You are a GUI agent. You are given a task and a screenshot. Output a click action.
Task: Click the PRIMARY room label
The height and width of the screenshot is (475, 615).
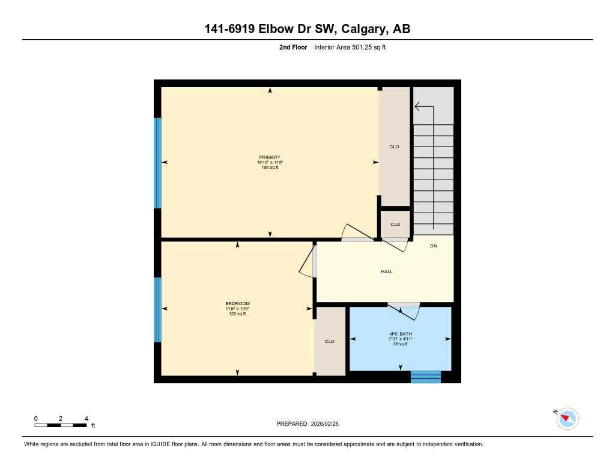click(270, 157)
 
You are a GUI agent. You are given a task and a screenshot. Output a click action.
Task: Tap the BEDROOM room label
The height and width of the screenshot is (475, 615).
click(237, 303)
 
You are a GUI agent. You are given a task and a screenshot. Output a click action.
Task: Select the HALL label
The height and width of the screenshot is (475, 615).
click(387, 272)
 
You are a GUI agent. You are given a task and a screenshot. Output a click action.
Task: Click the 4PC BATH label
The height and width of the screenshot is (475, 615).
click(400, 334)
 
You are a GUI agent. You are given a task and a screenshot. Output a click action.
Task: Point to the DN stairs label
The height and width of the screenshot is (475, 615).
click(433, 246)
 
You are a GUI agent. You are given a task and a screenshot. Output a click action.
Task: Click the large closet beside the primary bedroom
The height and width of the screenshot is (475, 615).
click(395, 147)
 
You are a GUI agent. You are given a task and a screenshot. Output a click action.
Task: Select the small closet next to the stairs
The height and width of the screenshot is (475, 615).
click(395, 224)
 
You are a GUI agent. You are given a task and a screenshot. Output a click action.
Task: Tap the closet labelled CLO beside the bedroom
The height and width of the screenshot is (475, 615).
click(329, 341)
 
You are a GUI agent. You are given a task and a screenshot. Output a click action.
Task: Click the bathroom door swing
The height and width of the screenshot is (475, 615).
click(403, 310)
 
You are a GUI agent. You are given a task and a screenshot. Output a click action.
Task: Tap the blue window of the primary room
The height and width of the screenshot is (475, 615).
click(158, 163)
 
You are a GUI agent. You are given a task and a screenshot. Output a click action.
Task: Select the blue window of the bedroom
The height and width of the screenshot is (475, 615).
click(158, 309)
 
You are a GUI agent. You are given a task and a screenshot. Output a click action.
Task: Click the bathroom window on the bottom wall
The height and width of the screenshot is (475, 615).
click(425, 377)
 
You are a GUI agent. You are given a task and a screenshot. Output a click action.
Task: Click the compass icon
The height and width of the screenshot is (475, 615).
click(567, 419)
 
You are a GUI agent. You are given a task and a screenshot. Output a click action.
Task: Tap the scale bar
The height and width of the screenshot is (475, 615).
click(61, 425)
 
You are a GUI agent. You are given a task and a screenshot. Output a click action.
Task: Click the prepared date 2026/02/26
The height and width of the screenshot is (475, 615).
click(329, 424)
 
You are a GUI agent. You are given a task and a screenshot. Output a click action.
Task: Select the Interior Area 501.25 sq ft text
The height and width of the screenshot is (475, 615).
click(350, 47)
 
